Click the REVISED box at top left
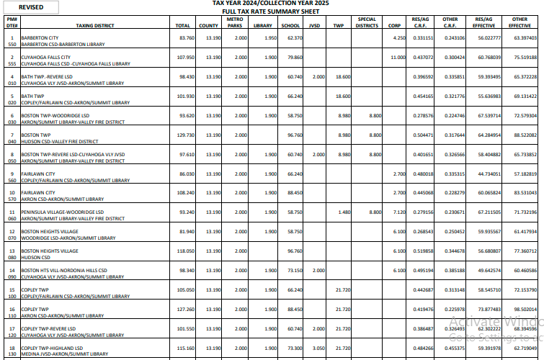click(x=31, y=6)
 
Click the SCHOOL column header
click(x=290, y=25)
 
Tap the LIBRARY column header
click(x=263, y=25)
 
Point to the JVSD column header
click(x=314, y=25)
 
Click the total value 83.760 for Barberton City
click(x=184, y=37)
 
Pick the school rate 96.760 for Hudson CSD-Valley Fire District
click(x=293, y=135)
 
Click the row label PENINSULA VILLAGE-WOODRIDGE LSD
click(x=63, y=212)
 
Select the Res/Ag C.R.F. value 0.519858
click(x=422, y=251)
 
